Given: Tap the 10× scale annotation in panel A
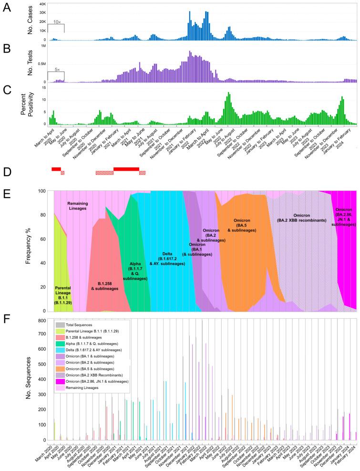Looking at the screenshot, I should pyautogui.click(x=56, y=22).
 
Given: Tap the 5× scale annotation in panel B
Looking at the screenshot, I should pyautogui.click(x=56, y=70).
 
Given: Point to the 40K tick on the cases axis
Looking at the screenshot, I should pyautogui.click(x=42, y=4).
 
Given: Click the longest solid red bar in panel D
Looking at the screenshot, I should pyautogui.click(x=126, y=168).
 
